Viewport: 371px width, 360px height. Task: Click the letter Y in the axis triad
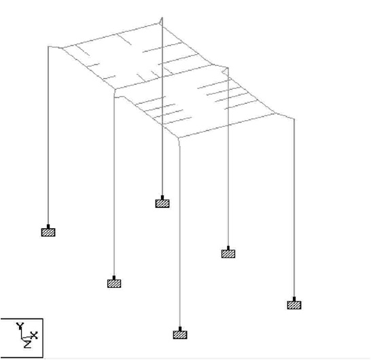coord(20,326)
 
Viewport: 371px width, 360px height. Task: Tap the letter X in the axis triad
coord(34,335)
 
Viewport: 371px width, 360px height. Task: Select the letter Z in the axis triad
coord(27,344)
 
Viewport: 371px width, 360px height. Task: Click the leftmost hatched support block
coord(48,232)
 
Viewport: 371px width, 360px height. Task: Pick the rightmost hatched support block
coord(294,305)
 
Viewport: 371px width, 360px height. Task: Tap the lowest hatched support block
coord(180,335)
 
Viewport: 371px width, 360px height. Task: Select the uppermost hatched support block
coord(162,203)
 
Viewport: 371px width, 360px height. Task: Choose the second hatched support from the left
coord(114,283)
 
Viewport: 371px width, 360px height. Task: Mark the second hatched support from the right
coord(228,254)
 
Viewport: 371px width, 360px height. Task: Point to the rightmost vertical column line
coord(294,208)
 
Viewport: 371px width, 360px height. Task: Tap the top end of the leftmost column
coord(48,47)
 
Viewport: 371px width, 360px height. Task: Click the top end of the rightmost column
coord(294,119)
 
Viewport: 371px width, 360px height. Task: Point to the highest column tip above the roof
coord(162,17)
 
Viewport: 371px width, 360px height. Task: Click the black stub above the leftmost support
coord(48,227)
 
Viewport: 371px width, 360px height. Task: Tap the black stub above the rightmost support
coord(294,299)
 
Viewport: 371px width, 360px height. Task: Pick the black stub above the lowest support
coord(180,329)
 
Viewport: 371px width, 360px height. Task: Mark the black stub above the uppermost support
coord(162,198)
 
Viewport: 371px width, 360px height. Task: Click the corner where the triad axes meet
coord(22,338)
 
